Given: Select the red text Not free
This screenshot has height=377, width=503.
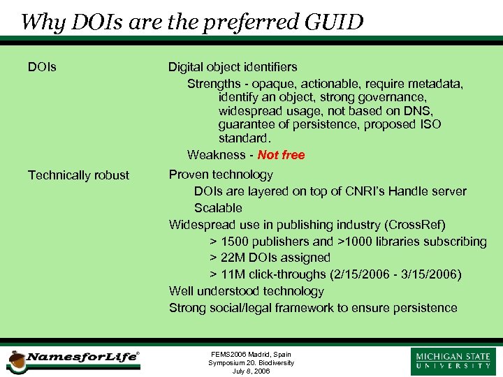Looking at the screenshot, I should pyautogui.click(x=281, y=155).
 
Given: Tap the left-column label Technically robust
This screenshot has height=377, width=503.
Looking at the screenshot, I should pyautogui.click(x=78, y=175).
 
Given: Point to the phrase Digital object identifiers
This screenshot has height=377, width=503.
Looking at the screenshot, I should pyautogui.click(x=233, y=67).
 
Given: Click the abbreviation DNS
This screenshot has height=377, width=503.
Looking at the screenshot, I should pyautogui.click(x=418, y=111).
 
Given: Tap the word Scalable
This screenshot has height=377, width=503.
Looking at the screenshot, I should pyautogui.click(x=218, y=208).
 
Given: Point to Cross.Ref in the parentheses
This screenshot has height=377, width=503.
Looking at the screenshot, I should pyautogui.click(x=415, y=225).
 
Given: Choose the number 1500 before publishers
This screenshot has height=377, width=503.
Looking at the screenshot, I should pyautogui.click(x=237, y=242).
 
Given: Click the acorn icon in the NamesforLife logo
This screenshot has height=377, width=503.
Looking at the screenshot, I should pyautogui.click(x=15, y=362).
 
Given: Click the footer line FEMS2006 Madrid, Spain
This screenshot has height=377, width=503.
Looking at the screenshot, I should pyautogui.click(x=251, y=355).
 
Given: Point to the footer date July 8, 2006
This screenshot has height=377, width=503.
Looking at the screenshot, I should pyautogui.click(x=251, y=371).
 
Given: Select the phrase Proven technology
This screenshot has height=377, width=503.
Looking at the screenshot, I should pyautogui.click(x=221, y=175).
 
